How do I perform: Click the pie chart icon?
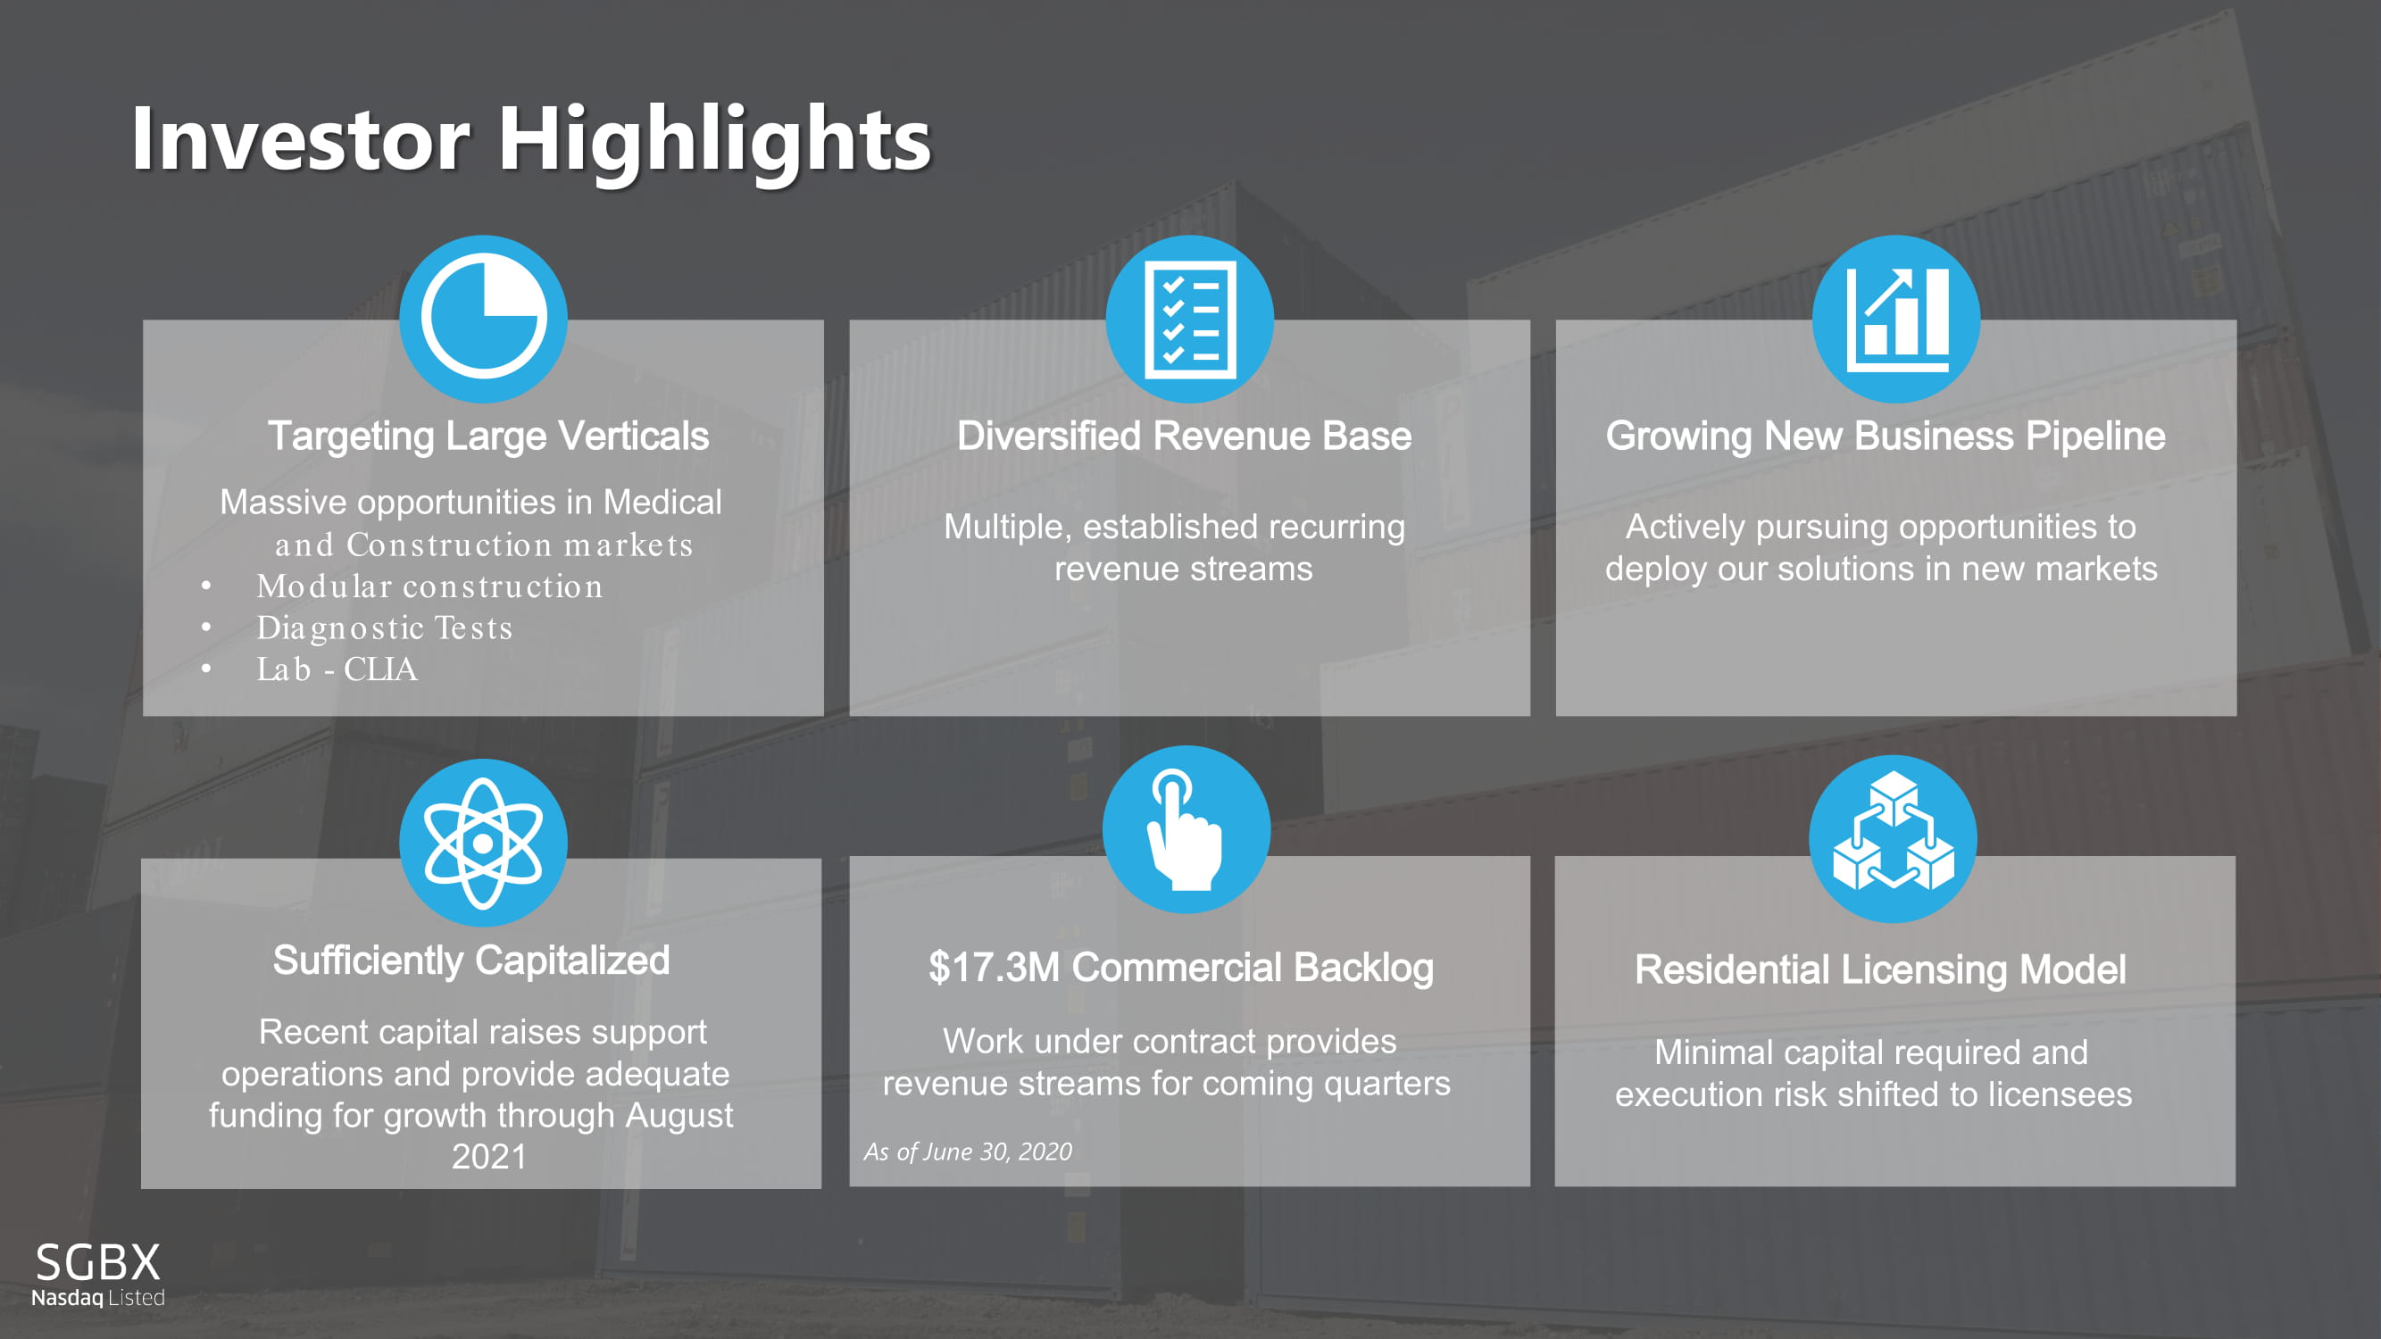point(483,319)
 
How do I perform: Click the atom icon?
point(483,842)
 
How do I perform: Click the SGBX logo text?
point(98,1261)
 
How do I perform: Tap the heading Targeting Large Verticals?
point(488,437)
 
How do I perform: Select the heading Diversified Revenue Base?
point(1184,437)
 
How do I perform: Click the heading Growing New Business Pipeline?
point(1886,437)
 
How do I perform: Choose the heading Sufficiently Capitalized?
point(471,961)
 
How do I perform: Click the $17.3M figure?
point(994,968)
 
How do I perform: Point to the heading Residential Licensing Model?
point(1880,970)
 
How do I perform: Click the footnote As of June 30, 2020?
point(968,1152)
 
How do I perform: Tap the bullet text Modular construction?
point(429,586)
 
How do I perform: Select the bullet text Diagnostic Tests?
point(385,628)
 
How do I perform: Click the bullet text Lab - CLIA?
point(337,669)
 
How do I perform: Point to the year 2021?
point(489,1157)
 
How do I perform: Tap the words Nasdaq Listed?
point(98,1297)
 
